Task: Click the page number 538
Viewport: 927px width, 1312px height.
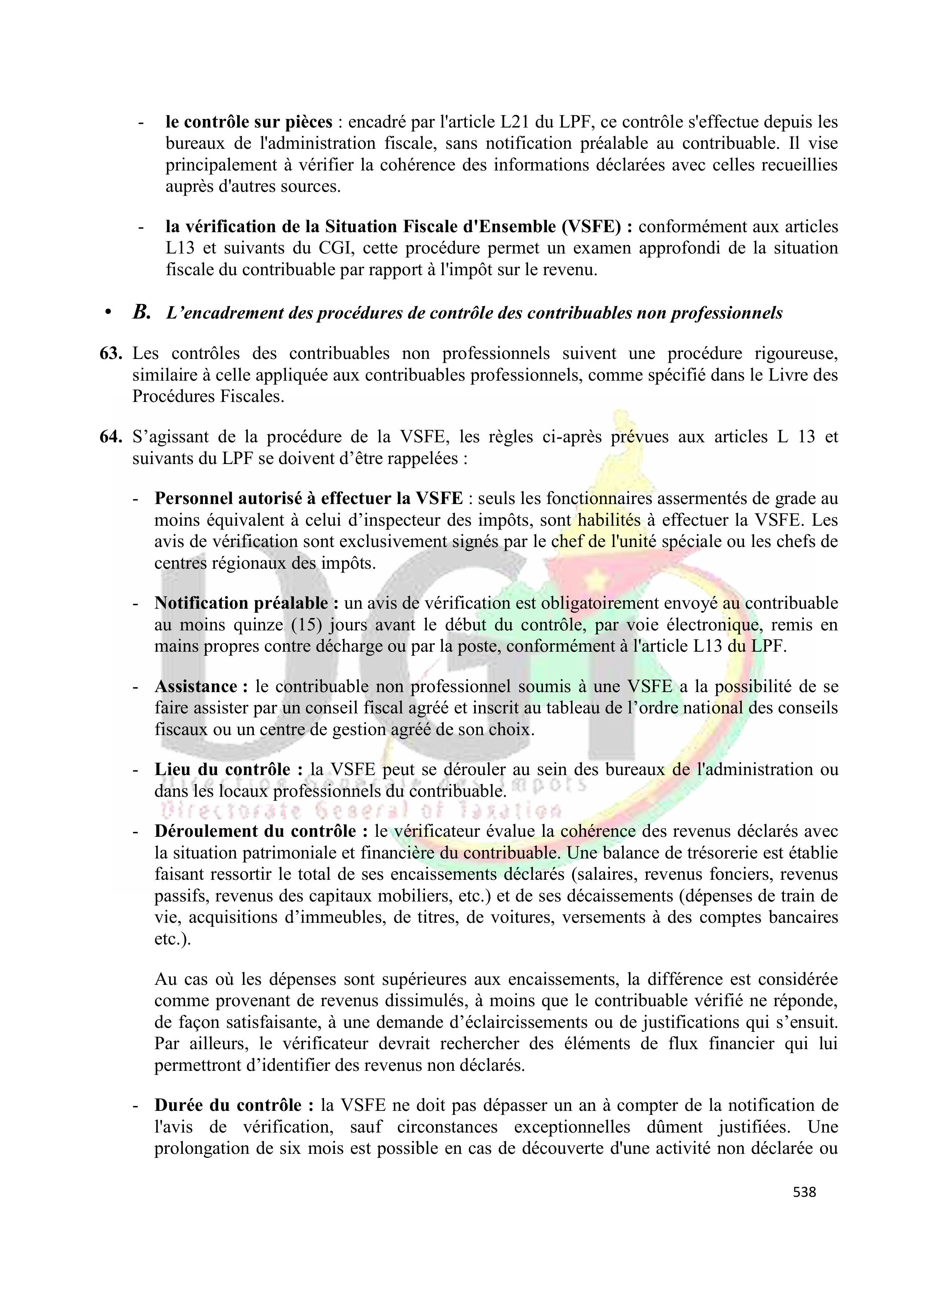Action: [804, 1192]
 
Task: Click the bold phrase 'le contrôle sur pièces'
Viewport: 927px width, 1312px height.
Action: [249, 122]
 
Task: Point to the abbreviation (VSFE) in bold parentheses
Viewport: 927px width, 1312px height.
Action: [593, 227]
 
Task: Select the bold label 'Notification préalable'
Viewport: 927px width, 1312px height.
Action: [241, 603]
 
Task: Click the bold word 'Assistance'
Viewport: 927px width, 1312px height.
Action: [196, 686]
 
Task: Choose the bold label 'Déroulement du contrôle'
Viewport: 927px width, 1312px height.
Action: [255, 832]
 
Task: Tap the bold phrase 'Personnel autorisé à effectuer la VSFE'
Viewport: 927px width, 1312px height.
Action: [308, 499]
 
